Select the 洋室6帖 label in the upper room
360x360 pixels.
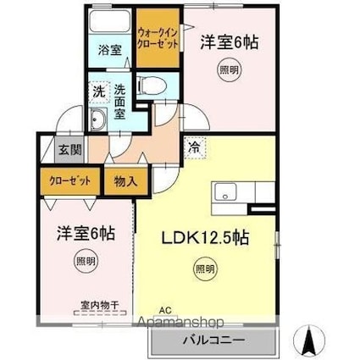pyautogui.click(x=228, y=40)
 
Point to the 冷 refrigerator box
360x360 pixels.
pyautogui.click(x=193, y=147)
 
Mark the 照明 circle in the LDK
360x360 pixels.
pyautogui.click(x=205, y=270)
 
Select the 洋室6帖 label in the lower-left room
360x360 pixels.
pyautogui.click(x=75, y=230)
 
